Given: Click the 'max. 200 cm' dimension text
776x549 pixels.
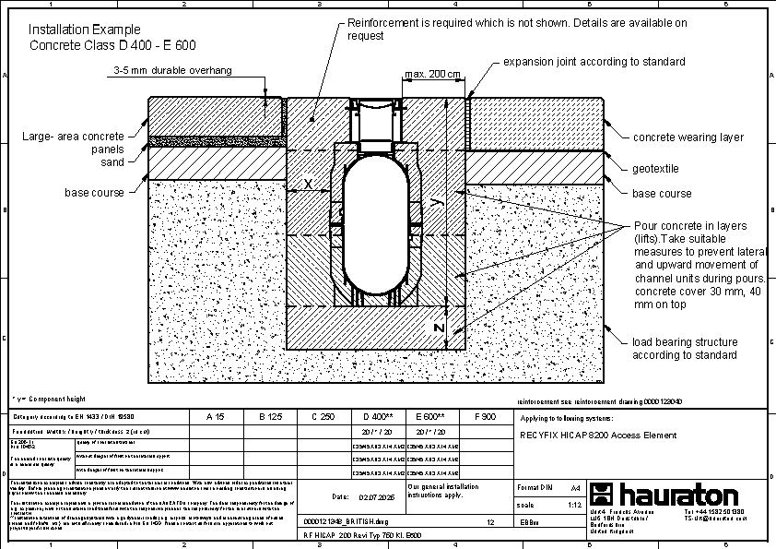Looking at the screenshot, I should click(x=432, y=75).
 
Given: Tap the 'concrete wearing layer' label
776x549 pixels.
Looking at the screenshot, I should click(x=688, y=137).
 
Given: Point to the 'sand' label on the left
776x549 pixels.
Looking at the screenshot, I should click(x=112, y=162).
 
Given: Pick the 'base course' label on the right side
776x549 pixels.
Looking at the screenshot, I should click(x=662, y=194).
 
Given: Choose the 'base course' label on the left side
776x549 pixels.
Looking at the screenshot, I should click(x=94, y=193).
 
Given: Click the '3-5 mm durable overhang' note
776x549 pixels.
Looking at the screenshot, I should click(x=172, y=70).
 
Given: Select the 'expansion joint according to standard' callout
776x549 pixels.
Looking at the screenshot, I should click(x=594, y=62).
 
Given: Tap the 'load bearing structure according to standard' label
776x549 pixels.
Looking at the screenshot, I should click(x=685, y=348).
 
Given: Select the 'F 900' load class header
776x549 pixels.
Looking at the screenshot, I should click(x=484, y=417).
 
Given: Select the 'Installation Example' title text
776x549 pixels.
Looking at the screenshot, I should click(x=88, y=30).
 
